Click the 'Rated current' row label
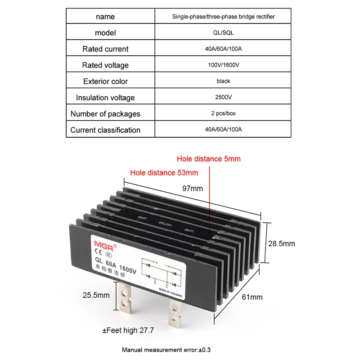click(105, 49)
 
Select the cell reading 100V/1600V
click(223, 65)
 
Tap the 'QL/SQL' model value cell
click(223, 33)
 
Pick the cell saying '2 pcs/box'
click(223, 114)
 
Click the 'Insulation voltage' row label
click(105, 98)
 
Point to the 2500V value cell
click(223, 98)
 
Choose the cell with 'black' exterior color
click(223, 81)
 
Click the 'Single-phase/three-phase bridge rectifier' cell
click(223, 17)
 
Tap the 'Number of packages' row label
click(105, 114)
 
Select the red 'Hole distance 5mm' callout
click(208, 159)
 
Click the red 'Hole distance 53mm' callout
click(164, 172)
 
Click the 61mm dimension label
click(252, 297)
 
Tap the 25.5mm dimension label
click(96, 295)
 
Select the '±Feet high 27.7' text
click(128, 330)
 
